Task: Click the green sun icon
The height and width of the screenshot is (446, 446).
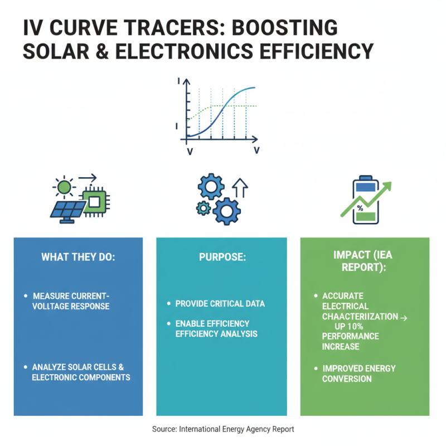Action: (x=65, y=187)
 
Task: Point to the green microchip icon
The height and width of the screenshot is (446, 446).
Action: (x=95, y=200)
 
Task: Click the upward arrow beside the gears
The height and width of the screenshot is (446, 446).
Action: (x=240, y=189)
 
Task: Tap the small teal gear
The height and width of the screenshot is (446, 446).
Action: (x=202, y=208)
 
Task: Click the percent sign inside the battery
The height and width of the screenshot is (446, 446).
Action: (x=360, y=208)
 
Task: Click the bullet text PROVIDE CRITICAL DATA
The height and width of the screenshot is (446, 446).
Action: (x=220, y=304)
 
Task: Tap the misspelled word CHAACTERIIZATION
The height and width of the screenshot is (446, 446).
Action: (x=360, y=317)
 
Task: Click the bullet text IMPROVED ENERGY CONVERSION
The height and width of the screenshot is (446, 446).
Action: (x=358, y=374)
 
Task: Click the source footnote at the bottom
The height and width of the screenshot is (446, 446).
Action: (x=222, y=429)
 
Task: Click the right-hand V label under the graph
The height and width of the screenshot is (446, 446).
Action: (x=256, y=151)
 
